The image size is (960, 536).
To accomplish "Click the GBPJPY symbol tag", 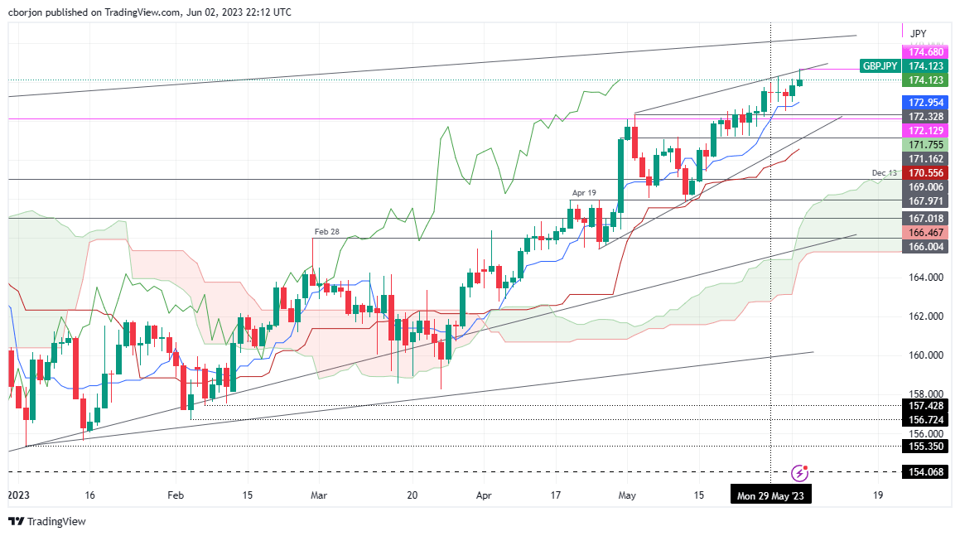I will click(880, 65).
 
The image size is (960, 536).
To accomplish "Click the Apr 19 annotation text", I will click(583, 193).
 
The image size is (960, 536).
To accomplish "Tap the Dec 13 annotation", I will click(884, 173).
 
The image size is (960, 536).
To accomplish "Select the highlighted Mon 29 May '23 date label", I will click(770, 495).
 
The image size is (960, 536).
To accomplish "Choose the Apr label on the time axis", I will click(485, 495).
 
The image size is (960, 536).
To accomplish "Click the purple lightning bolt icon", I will click(799, 472).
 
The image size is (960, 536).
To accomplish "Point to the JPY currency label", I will click(918, 34).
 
